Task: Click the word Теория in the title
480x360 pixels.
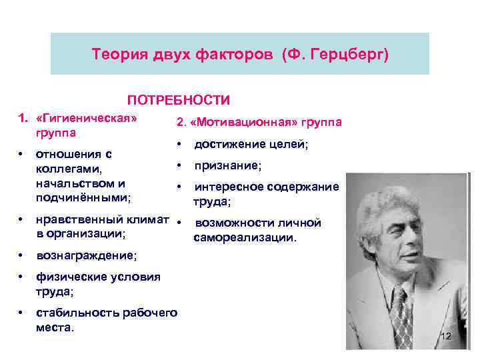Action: pos(117,53)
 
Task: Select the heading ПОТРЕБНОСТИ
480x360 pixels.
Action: pos(179,100)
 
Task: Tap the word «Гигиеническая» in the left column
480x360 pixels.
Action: pos(87,118)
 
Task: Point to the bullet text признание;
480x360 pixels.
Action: pos(227,165)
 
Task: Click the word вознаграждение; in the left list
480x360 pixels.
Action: pos(87,255)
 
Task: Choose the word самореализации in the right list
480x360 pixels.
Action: pos(245,237)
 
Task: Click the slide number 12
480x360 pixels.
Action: pos(445,337)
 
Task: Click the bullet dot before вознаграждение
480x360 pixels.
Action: pos(22,255)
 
